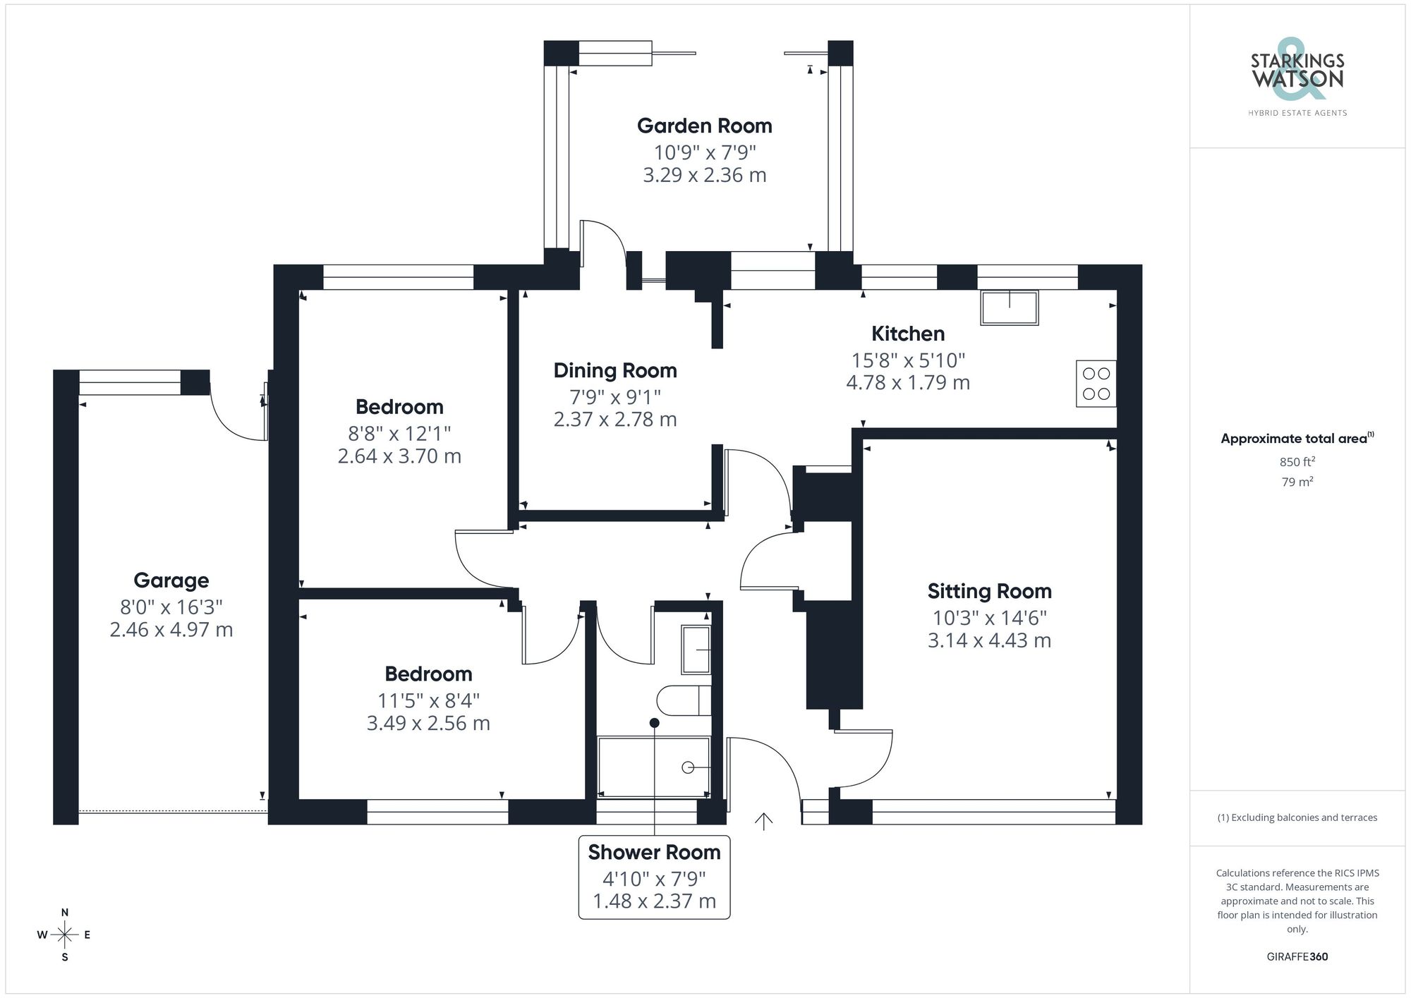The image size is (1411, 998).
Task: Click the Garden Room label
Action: pos(704,126)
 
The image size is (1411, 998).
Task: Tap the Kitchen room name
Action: pos(907,334)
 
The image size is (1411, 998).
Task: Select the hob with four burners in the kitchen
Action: pos(1096,384)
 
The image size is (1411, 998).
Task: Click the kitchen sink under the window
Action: pos(1009,308)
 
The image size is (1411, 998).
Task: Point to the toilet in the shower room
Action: pos(683,700)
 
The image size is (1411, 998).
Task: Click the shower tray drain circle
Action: pos(688,767)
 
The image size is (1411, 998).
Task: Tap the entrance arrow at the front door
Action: pos(763,821)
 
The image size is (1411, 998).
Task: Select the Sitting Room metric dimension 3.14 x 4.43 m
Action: pos(989,640)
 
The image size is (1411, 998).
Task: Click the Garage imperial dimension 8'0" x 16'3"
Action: pos(171,607)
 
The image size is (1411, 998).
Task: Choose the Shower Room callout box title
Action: pos(654,853)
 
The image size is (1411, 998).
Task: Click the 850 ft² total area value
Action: pos(1297,462)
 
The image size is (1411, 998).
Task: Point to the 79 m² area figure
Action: pos(1297,482)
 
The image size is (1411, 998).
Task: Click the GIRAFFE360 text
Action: pos(1297,957)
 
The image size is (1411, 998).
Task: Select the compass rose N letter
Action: pos(65,913)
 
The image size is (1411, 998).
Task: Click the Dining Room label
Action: pos(614,370)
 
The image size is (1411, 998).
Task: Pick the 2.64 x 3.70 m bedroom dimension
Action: pos(399,456)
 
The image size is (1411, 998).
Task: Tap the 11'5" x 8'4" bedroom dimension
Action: pos(428,700)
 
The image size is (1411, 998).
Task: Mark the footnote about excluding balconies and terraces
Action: pos(1297,818)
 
